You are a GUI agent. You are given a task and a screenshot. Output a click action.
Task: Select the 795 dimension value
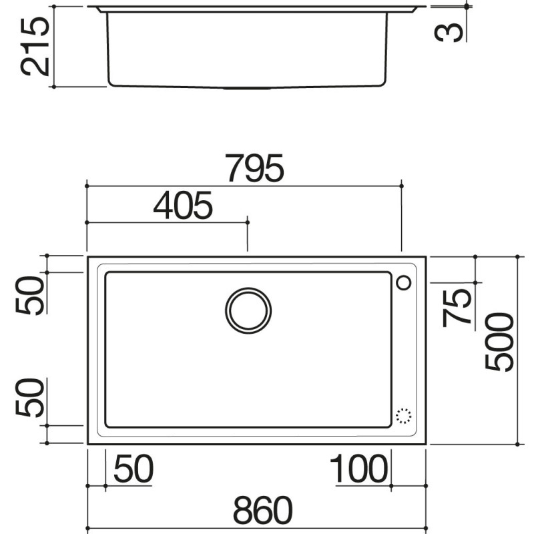pos(254,169)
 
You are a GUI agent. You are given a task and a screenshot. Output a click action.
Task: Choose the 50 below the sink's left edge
pos(133,469)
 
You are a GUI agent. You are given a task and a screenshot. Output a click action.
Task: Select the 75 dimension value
pos(457,305)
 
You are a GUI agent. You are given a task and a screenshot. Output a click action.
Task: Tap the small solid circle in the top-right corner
pos(404,283)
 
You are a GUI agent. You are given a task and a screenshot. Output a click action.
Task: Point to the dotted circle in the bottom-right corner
pos(404,415)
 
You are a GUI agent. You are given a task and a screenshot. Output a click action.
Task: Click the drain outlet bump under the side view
pos(247,87)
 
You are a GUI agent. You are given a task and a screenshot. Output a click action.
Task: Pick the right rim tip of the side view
pos(422,8)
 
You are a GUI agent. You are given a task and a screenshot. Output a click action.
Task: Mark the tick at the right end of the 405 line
pos(248,222)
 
